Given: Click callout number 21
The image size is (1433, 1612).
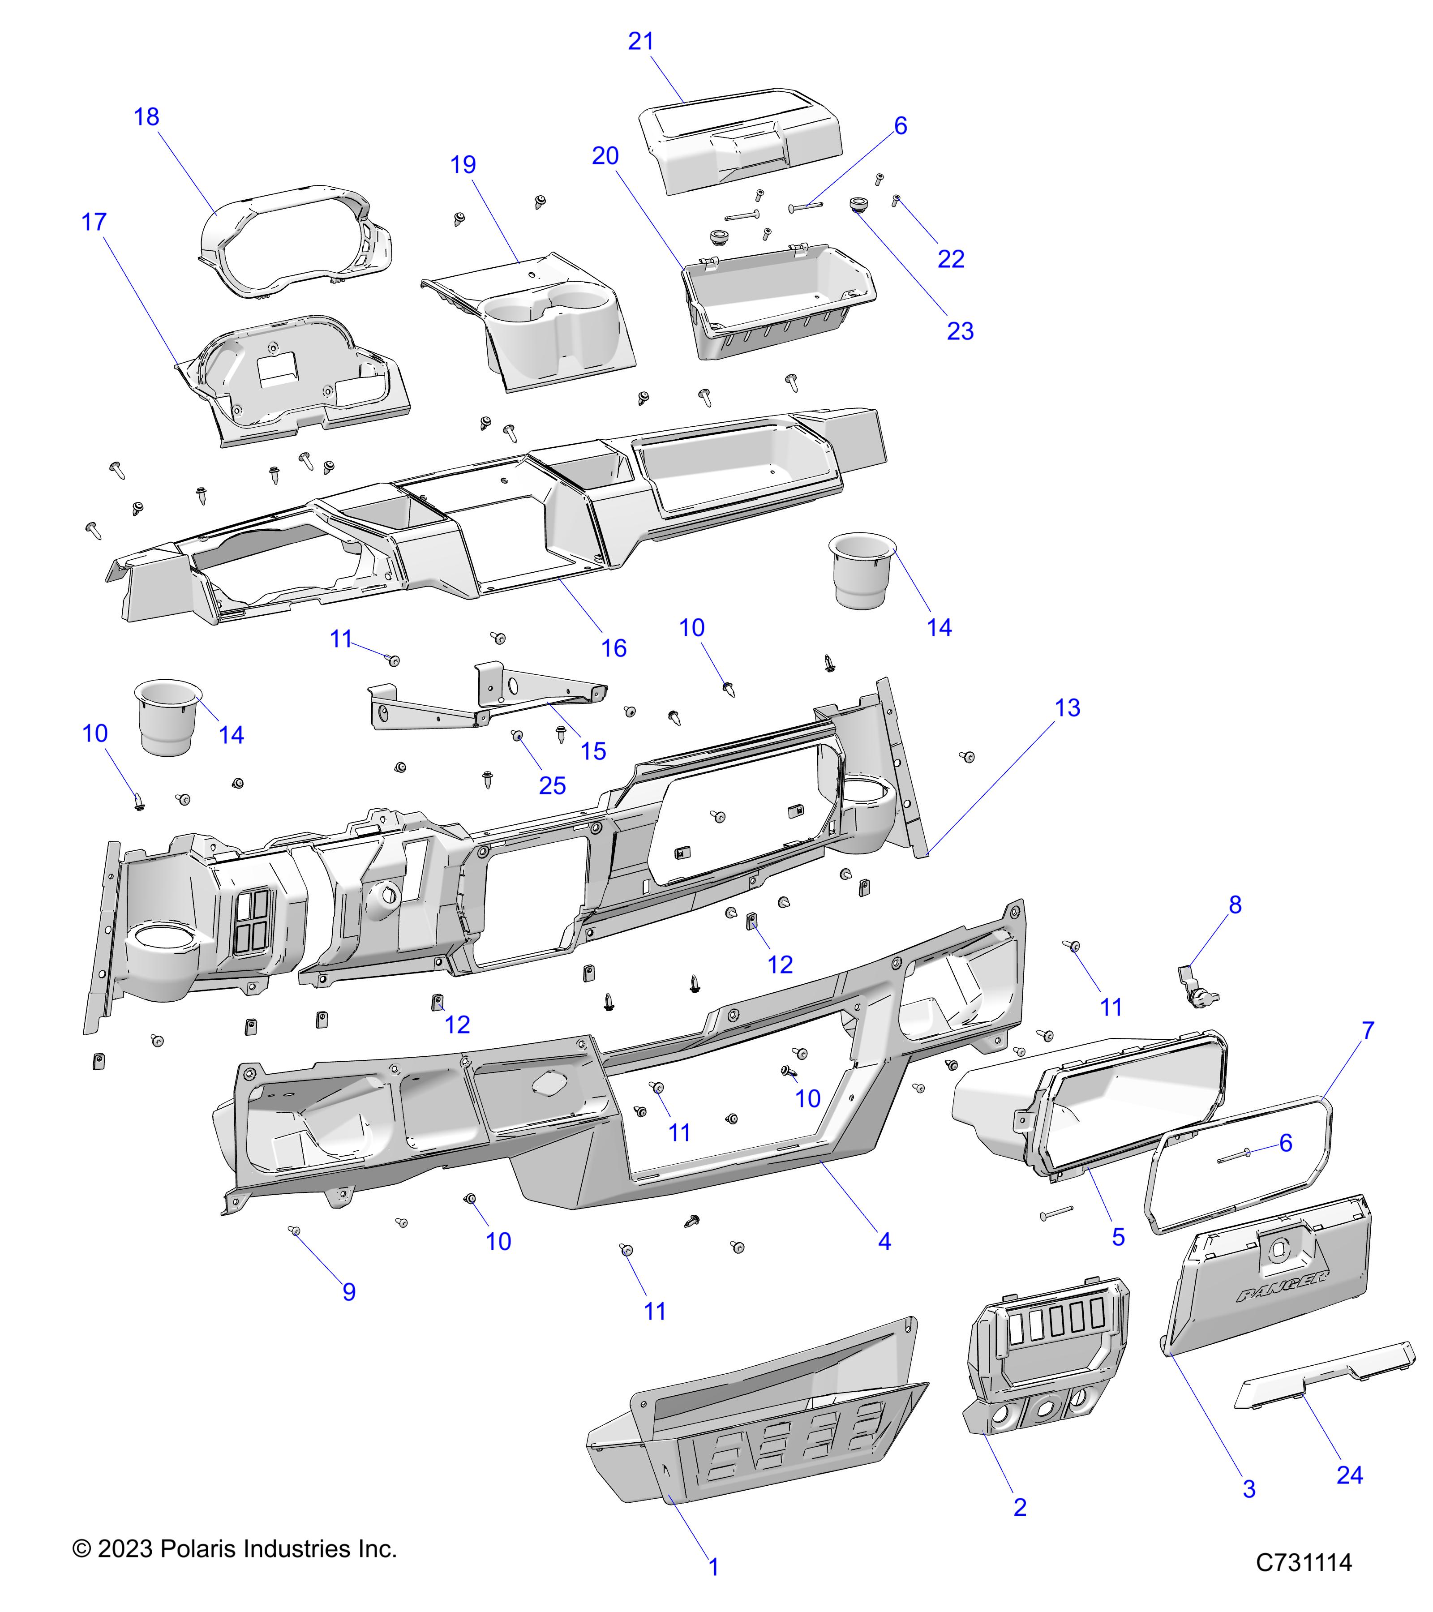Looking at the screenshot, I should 640,41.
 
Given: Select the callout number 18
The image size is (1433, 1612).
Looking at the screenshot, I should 147,117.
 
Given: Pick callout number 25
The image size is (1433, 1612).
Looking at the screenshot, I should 552,785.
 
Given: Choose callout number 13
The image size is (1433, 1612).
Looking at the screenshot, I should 1067,708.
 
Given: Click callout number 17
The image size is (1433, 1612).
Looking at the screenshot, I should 94,223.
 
